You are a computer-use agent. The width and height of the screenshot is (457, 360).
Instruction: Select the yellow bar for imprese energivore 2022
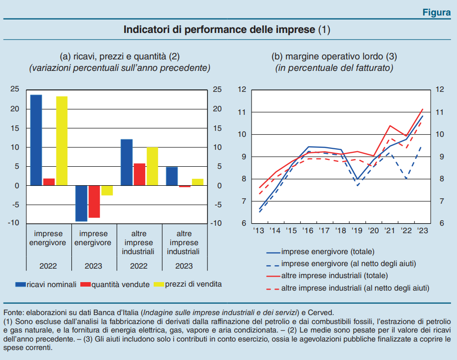(61, 141)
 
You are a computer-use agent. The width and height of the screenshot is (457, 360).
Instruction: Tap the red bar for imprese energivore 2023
(94, 202)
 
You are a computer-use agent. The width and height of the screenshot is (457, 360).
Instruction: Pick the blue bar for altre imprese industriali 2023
(172, 176)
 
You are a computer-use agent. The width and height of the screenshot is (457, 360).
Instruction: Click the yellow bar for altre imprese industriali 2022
(152, 166)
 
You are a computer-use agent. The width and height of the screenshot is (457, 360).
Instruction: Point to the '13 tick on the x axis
(259, 231)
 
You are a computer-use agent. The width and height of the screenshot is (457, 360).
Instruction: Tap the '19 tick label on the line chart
(357, 231)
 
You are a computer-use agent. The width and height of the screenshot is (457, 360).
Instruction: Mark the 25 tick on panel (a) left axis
(15, 89)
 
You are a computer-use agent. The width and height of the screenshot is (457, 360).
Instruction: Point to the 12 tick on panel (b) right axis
(440, 90)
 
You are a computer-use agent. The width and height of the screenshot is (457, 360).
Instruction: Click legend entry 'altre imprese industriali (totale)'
(334, 276)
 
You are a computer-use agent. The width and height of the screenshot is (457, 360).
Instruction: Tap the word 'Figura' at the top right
(436, 12)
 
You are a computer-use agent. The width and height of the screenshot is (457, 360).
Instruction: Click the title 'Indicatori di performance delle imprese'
(220, 29)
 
